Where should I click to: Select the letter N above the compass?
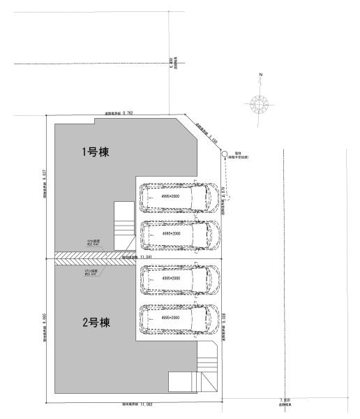pyautogui.click(x=260, y=74)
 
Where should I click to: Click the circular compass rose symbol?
pyautogui.click(x=260, y=104)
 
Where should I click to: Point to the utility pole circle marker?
pyautogui.click(x=225, y=153)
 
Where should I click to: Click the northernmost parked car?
pyautogui.click(x=180, y=198)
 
